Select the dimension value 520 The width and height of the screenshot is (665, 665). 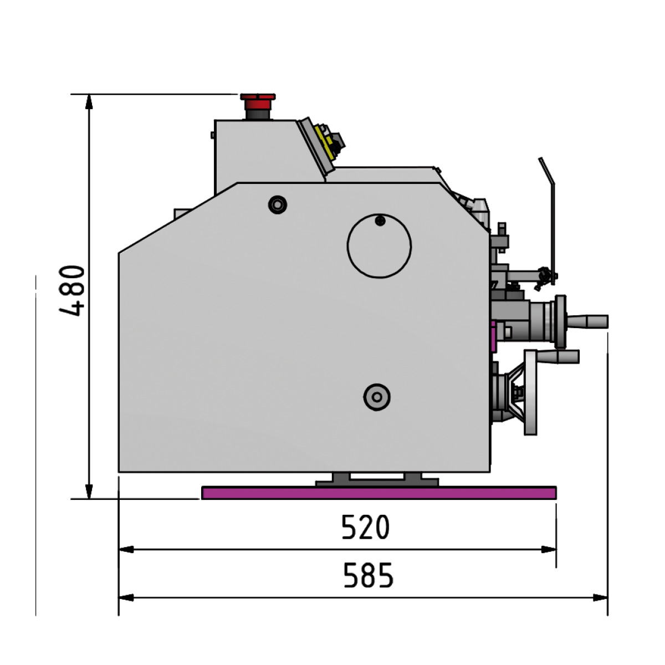point(365,527)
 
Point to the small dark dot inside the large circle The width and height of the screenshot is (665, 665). point(380,221)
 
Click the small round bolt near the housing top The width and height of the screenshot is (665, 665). point(277,204)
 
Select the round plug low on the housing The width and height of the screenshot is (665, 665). point(377,397)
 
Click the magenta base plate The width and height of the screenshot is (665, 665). point(379,493)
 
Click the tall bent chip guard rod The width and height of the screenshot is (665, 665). point(551,216)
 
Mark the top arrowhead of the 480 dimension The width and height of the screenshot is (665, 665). point(89,101)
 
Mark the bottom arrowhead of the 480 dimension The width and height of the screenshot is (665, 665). point(89,492)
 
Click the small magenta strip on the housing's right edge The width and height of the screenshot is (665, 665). point(492,337)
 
